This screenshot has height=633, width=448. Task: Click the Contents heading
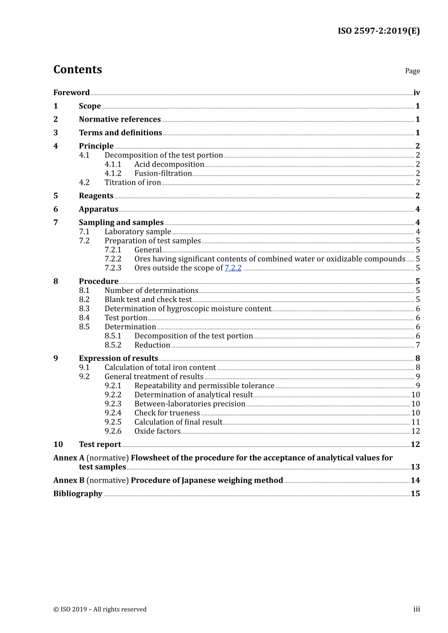pos(77,70)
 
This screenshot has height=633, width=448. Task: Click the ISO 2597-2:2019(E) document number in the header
pos(378,31)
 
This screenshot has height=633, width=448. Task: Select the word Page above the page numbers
pos(412,71)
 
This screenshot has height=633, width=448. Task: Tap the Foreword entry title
pos(71,93)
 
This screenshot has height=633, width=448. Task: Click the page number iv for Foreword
pos(416,93)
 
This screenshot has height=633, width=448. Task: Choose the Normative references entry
pos(120,120)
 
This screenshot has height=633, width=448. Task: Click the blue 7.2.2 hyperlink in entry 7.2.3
pos(233,268)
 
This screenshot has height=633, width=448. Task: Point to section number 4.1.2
pos(113,173)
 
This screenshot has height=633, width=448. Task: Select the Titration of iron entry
pos(133,183)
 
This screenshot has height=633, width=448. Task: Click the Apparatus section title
pos(99,209)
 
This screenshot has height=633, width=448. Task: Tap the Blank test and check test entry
pos(148,300)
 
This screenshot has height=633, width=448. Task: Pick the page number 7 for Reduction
pos(417,345)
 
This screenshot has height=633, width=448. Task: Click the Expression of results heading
pos(118,358)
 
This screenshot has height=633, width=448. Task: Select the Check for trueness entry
pos(167,413)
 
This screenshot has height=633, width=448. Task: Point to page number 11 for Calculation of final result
pos(415,422)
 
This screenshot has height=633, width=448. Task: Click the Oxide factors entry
pos(158,431)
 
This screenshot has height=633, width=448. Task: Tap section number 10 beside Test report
pos(58,445)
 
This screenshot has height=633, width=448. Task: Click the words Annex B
pos(69,480)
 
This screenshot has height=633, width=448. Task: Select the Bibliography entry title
pos(78,494)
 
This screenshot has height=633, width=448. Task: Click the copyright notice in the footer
pos(100,609)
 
